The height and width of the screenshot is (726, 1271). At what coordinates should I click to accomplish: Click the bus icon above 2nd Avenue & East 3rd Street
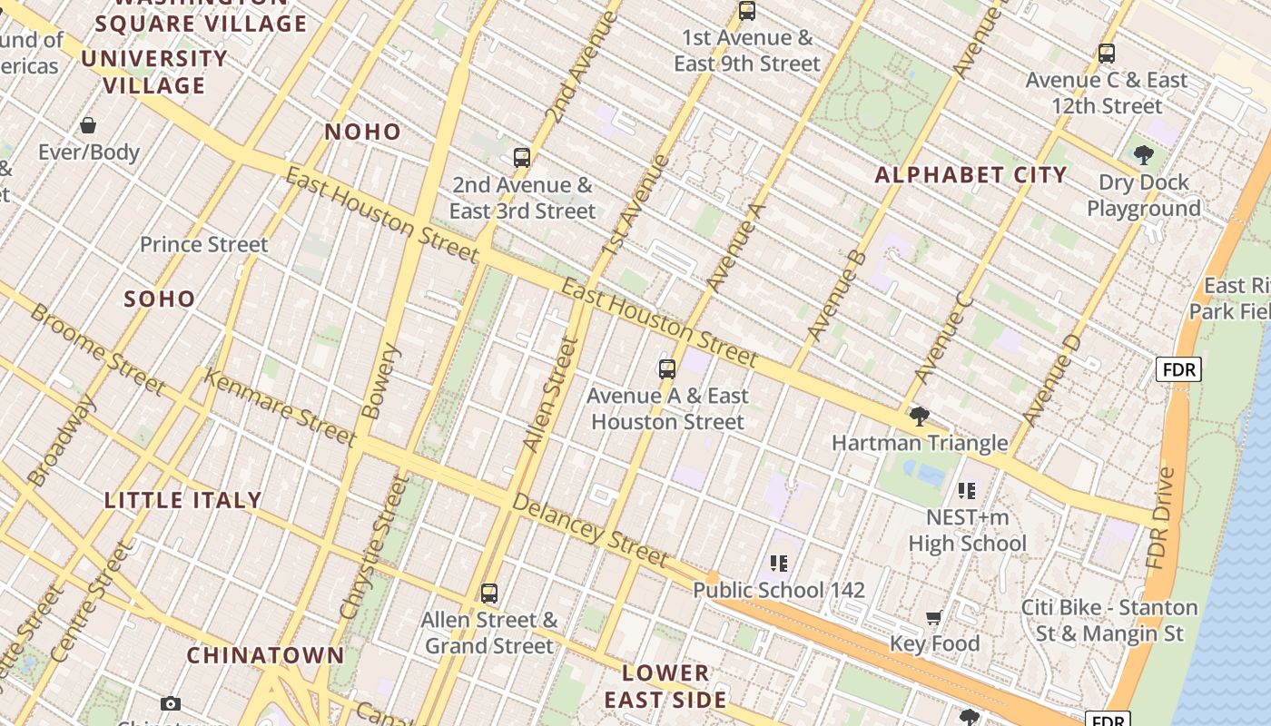point(521,158)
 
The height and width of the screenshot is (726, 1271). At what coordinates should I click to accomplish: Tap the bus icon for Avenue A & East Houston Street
point(667,369)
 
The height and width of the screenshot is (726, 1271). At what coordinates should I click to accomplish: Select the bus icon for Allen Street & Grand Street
point(489,594)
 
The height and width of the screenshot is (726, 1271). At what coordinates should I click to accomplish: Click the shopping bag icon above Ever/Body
point(88,125)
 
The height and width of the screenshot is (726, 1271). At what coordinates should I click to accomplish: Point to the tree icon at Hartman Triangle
point(919,417)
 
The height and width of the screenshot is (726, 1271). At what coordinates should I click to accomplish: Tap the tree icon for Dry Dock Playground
point(1143,155)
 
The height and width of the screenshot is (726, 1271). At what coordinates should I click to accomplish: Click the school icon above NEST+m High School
point(967,491)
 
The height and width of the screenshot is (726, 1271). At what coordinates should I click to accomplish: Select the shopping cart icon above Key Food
point(933,618)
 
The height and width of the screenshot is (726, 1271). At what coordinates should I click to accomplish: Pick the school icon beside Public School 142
point(778,564)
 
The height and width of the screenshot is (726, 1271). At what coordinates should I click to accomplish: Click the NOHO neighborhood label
point(363,132)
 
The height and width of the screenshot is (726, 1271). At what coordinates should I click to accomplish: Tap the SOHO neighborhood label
point(160,299)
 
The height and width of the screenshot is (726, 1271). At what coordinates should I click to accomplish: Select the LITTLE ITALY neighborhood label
point(183,500)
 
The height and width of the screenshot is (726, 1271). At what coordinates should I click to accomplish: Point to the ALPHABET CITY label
point(970,175)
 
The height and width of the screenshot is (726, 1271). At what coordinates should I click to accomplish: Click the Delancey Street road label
point(589,530)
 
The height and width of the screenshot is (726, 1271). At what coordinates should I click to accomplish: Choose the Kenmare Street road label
point(280,407)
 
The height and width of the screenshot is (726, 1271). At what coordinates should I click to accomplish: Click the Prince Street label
point(204,244)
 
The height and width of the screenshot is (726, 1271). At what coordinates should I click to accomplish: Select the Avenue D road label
point(1051,380)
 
